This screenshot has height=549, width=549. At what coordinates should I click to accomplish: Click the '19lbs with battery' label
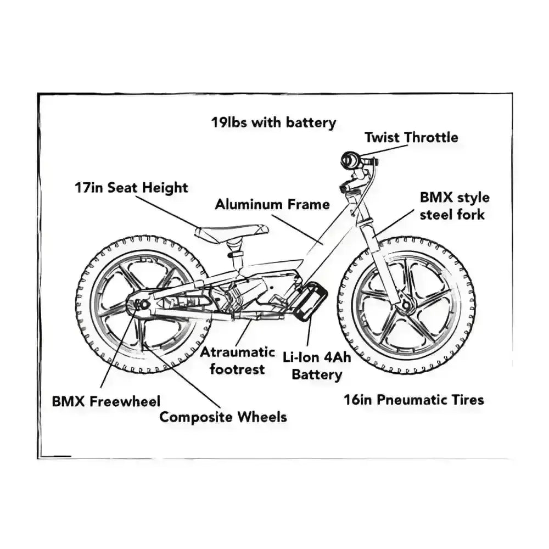273,122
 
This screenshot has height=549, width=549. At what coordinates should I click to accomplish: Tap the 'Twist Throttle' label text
411,137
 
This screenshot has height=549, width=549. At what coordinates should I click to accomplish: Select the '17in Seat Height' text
131,188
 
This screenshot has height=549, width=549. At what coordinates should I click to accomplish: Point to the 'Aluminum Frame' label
272,205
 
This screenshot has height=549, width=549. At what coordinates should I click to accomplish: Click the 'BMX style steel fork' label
454,206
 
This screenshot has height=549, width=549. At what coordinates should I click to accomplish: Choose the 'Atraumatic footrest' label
237,360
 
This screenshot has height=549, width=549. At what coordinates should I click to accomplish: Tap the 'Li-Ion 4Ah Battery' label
316,366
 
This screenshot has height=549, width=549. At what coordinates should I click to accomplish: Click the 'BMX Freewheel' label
107,401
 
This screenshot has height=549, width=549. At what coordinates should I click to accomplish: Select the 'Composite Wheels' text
223,417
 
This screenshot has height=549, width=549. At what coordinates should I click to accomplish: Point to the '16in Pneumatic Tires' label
414,400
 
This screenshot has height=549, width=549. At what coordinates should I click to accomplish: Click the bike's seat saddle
231,231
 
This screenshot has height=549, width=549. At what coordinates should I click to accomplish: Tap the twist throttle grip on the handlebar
349,160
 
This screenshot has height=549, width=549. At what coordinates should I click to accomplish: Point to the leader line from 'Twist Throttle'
379,150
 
